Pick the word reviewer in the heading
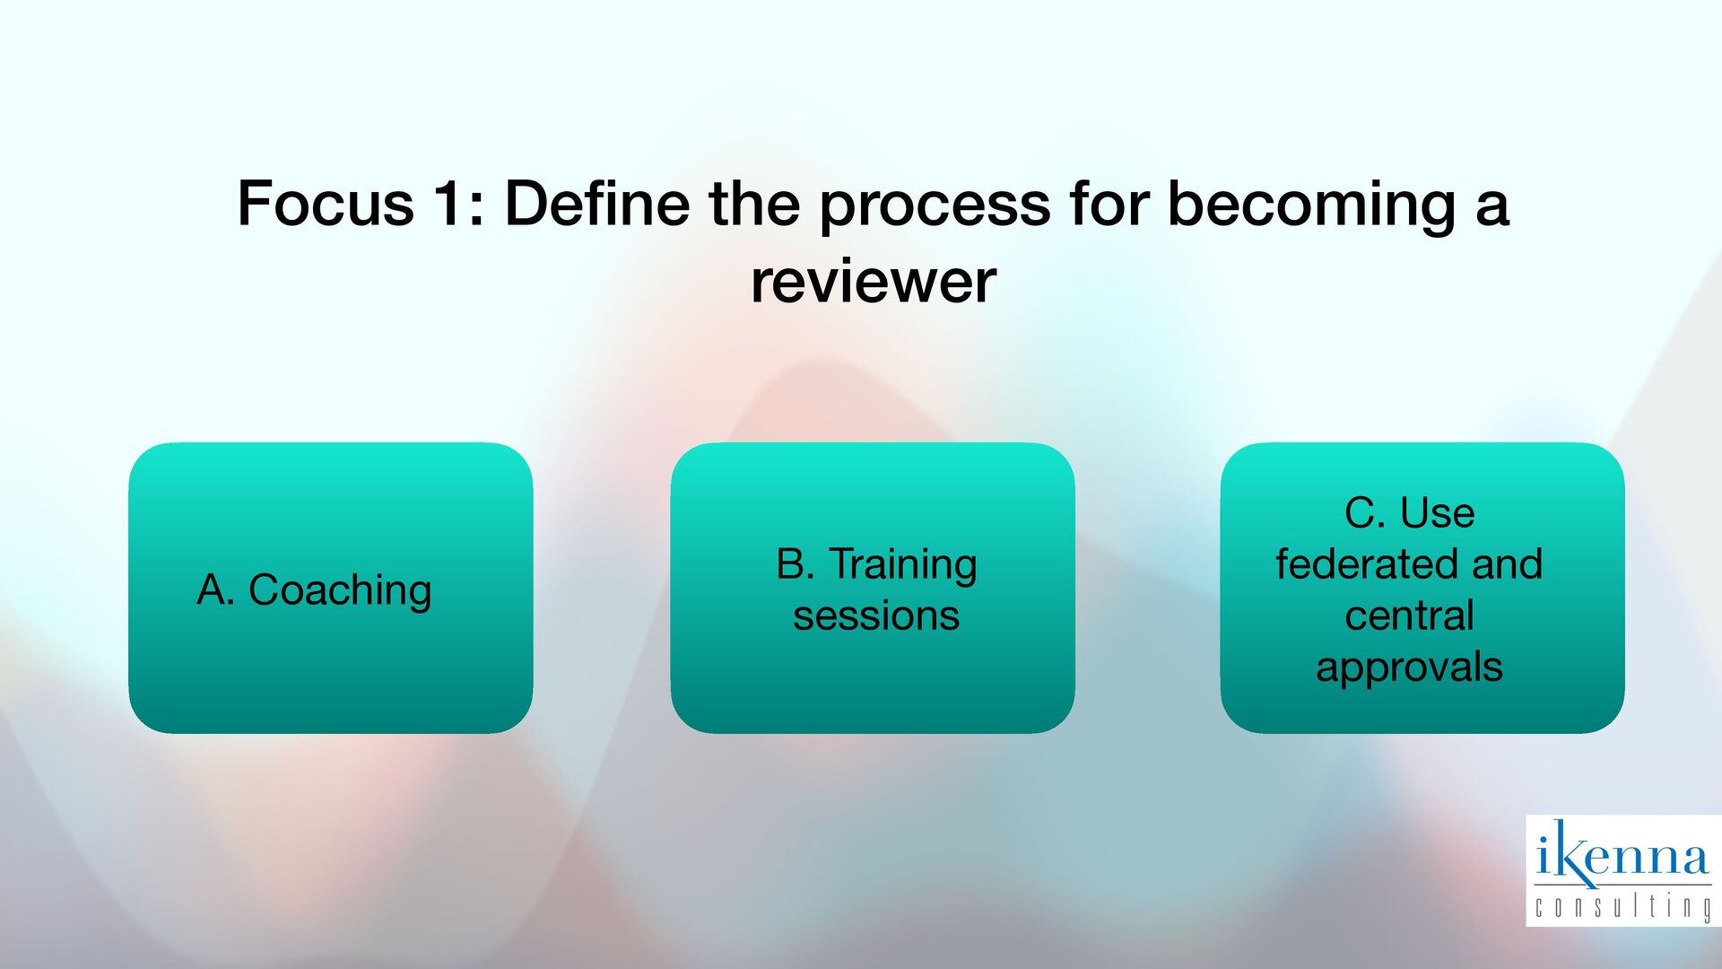click(873, 282)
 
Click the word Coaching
click(340, 590)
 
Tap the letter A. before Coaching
click(215, 590)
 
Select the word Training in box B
click(902, 565)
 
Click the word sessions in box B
click(876, 616)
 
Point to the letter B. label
click(796, 563)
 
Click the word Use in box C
click(1437, 513)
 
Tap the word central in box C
click(1409, 616)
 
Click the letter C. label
click(1365, 513)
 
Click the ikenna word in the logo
click(1622, 854)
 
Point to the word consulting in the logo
click(1622, 906)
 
